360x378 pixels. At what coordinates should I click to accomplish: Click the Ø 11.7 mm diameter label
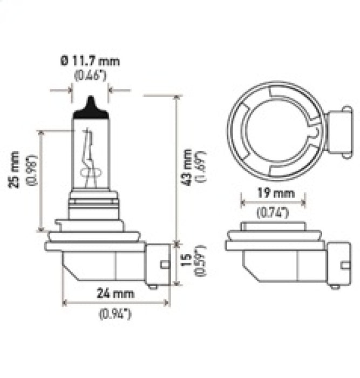[90, 61]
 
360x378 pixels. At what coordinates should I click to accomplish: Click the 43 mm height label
[187, 167]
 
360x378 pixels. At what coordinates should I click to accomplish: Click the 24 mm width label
[111, 294]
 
